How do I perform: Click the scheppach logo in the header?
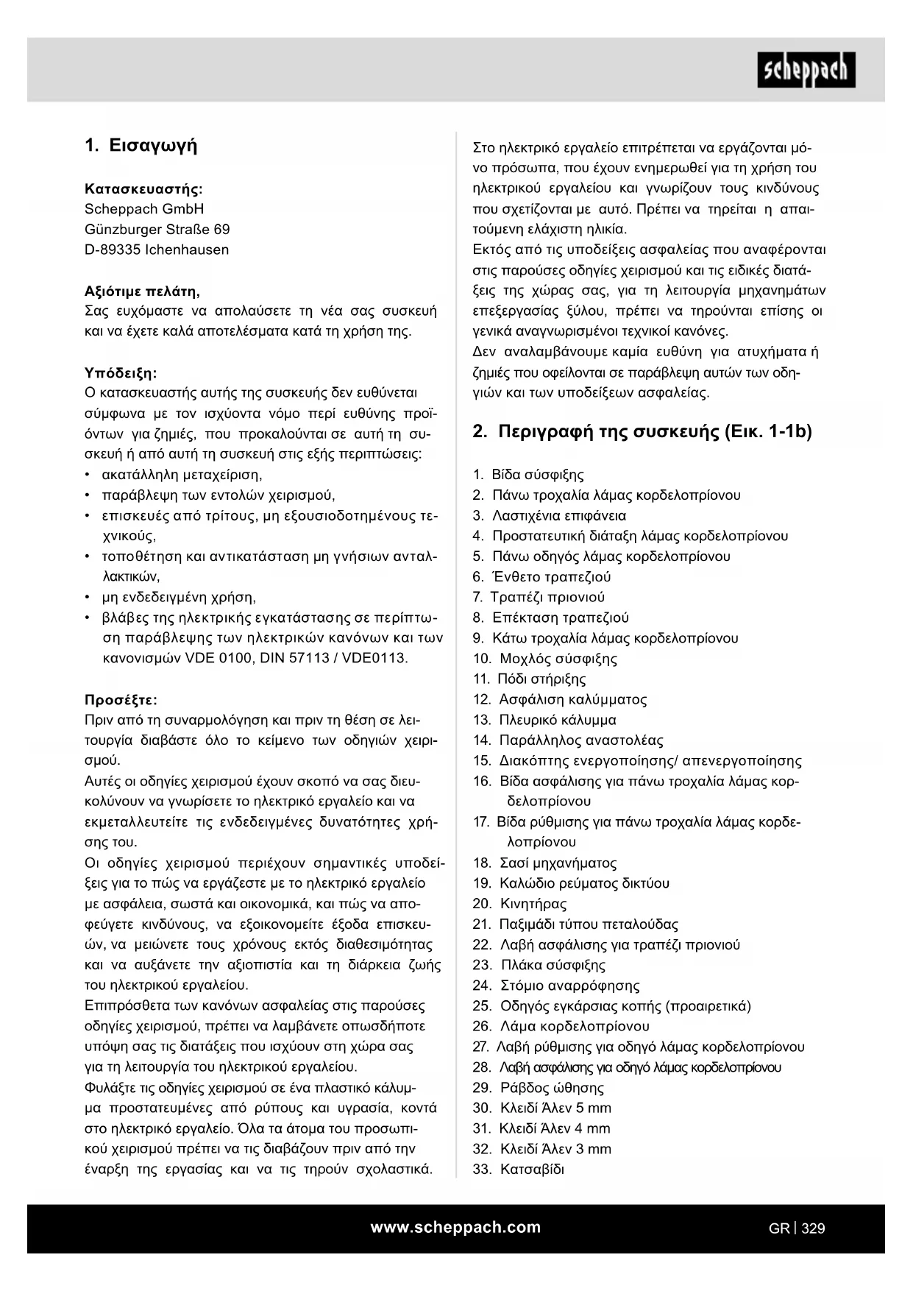[806, 70]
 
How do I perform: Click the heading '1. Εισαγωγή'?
[141, 146]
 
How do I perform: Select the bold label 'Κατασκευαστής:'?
[143, 189]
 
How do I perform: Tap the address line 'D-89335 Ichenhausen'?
[157, 250]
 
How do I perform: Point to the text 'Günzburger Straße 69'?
[157, 230]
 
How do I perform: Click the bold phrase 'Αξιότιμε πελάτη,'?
[142, 291]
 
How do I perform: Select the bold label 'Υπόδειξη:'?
[121, 372]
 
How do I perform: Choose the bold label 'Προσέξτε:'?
[121, 699]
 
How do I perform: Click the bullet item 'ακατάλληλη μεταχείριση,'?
[182, 475]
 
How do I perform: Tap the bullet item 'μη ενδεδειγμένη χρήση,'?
[179, 597]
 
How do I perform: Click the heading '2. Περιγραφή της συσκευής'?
[642, 432]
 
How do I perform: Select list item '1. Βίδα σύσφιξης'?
[528, 475]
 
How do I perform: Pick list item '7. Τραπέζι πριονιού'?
[539, 597]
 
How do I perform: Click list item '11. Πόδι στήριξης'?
[530, 679]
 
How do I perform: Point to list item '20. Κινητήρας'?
[519, 904]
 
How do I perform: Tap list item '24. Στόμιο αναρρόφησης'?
[556, 986]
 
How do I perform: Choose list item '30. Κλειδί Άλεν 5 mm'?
[542, 1108]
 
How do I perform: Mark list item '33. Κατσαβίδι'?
[519, 1170]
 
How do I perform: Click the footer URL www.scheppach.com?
[455, 1227]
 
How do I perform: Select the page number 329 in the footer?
[813, 1228]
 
